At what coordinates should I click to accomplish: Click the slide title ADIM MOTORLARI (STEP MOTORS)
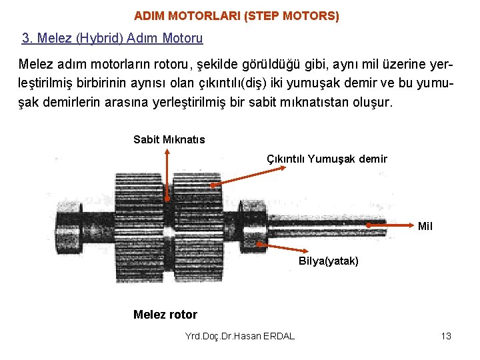tap(236, 15)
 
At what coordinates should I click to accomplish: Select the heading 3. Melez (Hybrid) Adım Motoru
tap(112, 39)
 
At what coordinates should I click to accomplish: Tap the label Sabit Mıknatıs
tap(169, 140)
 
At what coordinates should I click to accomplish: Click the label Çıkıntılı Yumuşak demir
tap(327, 159)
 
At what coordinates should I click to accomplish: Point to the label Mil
tap(425, 227)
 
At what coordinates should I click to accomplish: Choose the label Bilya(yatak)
tap(328, 261)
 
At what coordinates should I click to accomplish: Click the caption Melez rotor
tap(165, 315)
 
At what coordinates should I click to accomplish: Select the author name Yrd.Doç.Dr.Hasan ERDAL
tap(240, 336)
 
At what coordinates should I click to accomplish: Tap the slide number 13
tap(446, 336)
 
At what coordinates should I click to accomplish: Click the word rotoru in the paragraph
tap(170, 66)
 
